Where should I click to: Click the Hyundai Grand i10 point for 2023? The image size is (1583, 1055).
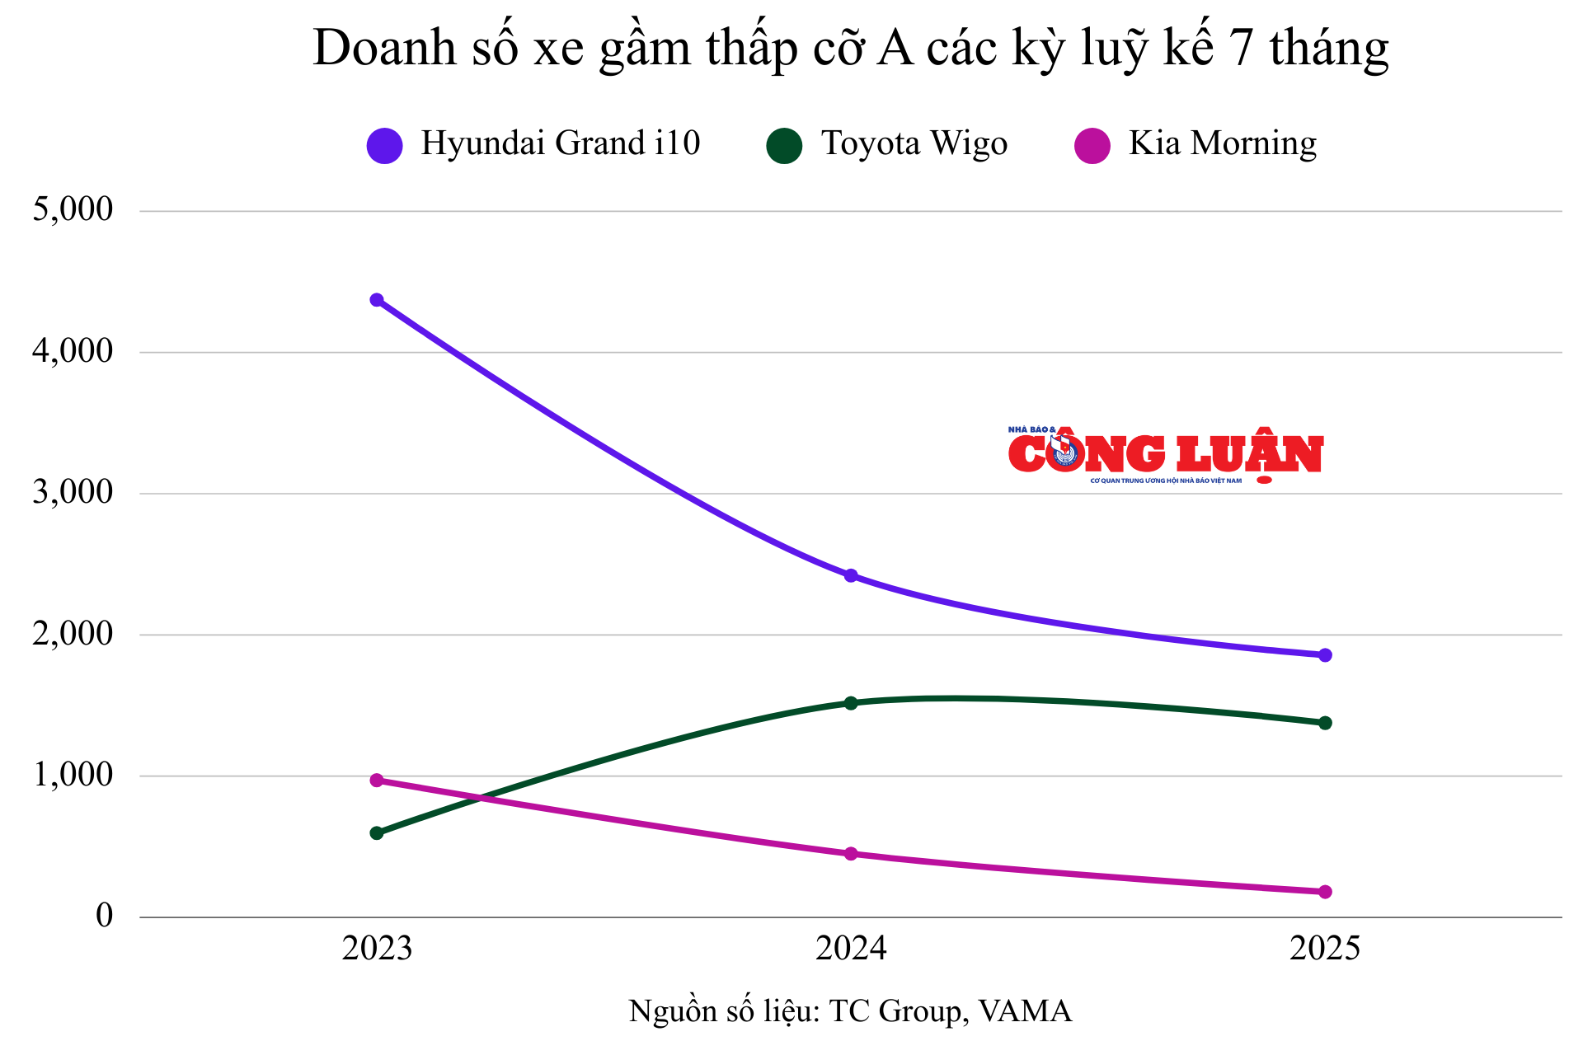click(377, 300)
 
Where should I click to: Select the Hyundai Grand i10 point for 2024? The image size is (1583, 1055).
click(851, 575)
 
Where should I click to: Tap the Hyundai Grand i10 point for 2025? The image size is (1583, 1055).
click(1325, 655)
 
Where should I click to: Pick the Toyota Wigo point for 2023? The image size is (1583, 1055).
click(377, 833)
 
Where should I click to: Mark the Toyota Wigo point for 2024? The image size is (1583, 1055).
click(851, 703)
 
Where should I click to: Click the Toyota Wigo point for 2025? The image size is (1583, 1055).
click(1325, 723)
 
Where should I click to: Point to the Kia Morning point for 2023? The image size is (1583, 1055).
click(377, 780)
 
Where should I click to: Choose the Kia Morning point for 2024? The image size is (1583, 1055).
click(851, 854)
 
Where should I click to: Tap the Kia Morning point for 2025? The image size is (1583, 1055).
click(1325, 892)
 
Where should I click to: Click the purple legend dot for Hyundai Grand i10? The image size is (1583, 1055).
click(384, 146)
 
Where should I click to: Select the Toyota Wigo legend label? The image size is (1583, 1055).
click(914, 144)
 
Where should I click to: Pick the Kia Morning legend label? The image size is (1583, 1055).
click(1222, 144)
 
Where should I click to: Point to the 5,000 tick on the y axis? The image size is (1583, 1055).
click(73, 209)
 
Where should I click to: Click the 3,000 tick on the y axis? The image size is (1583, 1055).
click(73, 492)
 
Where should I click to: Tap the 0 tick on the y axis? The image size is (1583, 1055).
click(104, 915)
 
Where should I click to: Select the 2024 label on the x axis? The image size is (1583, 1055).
click(851, 949)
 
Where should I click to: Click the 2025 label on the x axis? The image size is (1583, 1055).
click(1325, 949)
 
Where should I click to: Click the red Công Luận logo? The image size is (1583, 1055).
click(1165, 455)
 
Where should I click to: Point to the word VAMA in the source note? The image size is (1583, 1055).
click(1025, 1011)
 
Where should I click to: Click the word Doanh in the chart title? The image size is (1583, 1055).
click(385, 48)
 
